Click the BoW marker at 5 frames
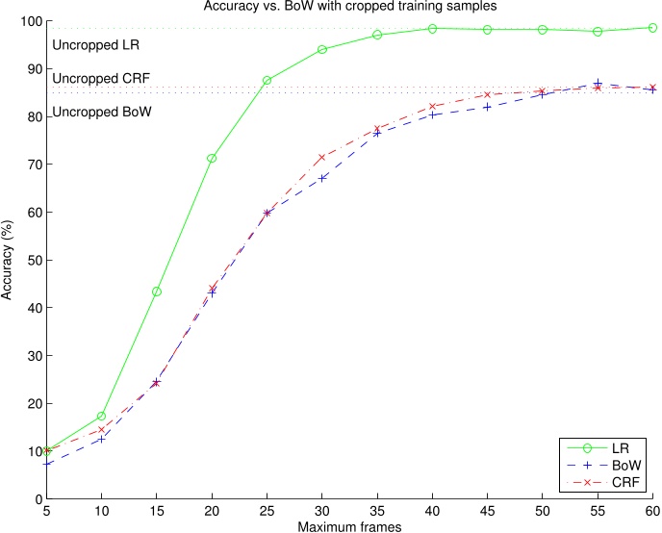point(46,464)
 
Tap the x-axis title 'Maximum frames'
point(348,524)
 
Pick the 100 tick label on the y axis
point(29,21)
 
